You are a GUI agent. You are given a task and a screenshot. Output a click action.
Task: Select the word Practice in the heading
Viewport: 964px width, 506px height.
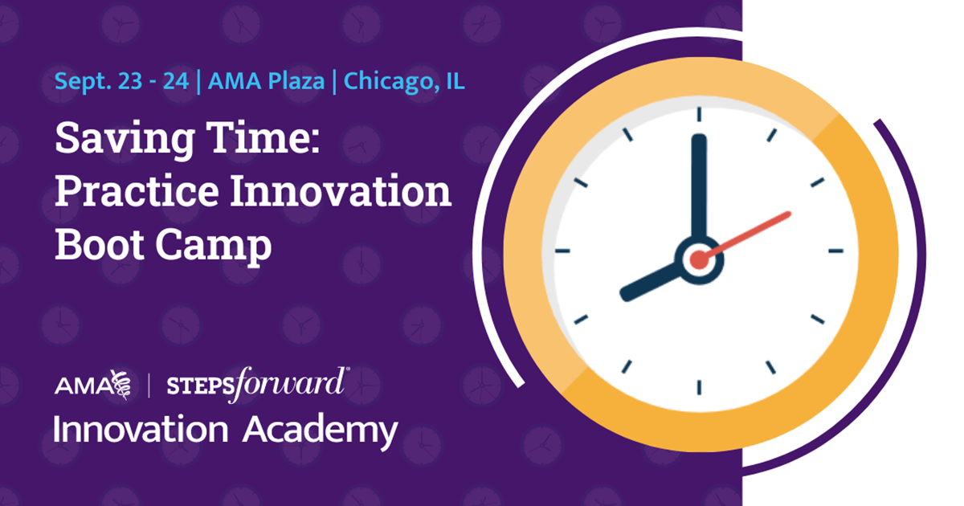[137, 190]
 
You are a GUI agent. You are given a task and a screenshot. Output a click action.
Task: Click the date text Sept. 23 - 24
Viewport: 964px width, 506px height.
[122, 81]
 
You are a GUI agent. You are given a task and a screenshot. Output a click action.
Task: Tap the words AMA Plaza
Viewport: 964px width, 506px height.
[266, 81]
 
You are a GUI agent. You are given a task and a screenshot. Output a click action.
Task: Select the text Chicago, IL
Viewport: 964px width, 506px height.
[404, 82]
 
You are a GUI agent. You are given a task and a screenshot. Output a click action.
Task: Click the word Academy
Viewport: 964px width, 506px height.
[321, 431]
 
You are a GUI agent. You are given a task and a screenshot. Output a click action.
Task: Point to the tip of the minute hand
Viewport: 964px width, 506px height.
[700, 136]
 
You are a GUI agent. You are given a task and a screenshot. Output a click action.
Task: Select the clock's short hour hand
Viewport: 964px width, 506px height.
[651, 281]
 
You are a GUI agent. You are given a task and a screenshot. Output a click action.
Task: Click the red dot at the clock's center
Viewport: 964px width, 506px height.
[700, 260]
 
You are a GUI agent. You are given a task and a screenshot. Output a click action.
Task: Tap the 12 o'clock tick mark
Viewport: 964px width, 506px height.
[700, 114]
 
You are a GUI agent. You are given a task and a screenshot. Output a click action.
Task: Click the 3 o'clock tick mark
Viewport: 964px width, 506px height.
[835, 251]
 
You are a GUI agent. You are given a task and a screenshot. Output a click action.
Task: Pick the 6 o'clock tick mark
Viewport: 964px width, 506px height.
[700, 388]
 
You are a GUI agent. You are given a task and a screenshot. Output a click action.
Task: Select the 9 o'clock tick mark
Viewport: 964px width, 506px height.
[562, 251]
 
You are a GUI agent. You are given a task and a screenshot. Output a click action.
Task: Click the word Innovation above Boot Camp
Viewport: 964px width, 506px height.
[341, 190]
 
